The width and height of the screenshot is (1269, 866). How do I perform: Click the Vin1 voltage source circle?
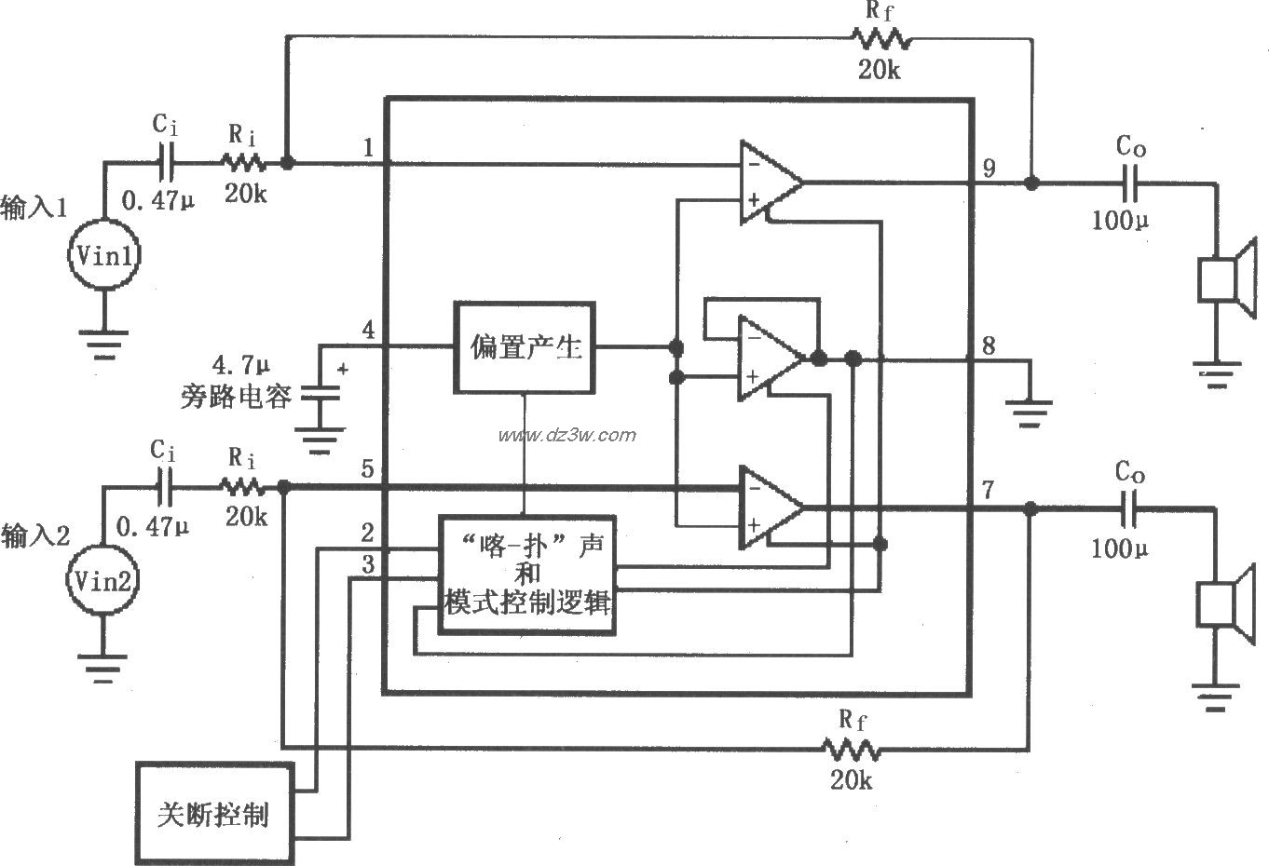click(104, 257)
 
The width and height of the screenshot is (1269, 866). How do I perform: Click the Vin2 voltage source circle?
click(104, 582)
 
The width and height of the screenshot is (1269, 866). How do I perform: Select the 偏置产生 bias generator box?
click(525, 348)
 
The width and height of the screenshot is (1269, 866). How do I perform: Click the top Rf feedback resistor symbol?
click(879, 38)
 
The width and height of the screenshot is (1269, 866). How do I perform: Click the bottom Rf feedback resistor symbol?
click(849, 748)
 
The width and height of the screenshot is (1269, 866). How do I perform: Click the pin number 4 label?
click(369, 331)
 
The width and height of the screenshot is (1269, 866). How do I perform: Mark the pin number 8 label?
click(989, 346)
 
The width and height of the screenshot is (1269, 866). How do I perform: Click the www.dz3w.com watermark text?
click(566, 435)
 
